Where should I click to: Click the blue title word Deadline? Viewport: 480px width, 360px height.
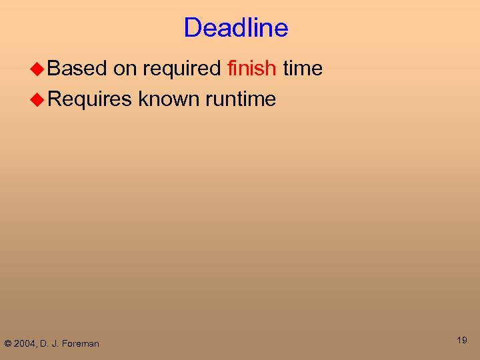pyautogui.click(x=236, y=28)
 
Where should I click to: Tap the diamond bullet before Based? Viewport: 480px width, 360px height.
pyautogui.click(x=39, y=69)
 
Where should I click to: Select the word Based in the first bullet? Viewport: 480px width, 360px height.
pyautogui.click(x=77, y=68)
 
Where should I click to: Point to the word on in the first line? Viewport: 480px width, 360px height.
pyautogui.click(x=125, y=68)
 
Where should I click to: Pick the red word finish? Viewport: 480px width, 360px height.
pyautogui.click(x=251, y=68)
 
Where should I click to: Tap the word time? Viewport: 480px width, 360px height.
pyautogui.click(x=303, y=68)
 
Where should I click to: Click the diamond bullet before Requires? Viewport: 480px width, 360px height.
pyautogui.click(x=39, y=99)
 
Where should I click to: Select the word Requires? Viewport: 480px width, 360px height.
pyautogui.click(x=90, y=100)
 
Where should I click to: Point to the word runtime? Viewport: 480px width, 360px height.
pyautogui.click(x=241, y=99)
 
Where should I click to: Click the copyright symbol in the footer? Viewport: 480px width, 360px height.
pyautogui.click(x=8, y=344)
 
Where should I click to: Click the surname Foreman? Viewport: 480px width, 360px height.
pyautogui.click(x=81, y=344)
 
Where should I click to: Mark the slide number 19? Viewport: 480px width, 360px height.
pyautogui.click(x=462, y=341)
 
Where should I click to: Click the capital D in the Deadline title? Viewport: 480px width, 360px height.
pyautogui.click(x=192, y=28)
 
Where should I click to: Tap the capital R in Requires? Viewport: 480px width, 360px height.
pyautogui.click(x=55, y=99)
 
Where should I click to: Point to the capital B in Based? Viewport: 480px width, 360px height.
pyautogui.click(x=55, y=68)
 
